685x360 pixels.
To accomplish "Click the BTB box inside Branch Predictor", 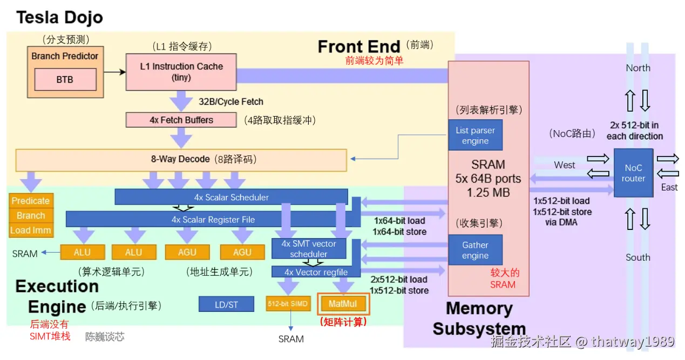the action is click(x=65, y=79).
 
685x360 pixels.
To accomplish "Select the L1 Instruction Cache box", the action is click(x=181, y=72).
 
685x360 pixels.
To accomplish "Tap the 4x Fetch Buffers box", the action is click(x=181, y=120).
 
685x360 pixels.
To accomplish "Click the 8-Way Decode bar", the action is click(x=181, y=160).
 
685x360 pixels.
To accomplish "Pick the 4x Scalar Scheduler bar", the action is click(x=231, y=197).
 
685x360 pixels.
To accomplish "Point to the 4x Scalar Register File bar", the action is click(x=213, y=219).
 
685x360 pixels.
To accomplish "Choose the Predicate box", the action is click(x=31, y=201).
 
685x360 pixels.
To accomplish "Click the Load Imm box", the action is click(x=31, y=230).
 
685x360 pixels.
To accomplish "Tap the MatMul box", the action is click(x=343, y=304).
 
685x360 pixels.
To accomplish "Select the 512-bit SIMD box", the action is click(x=288, y=304).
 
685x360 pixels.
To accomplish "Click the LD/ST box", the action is click(x=226, y=304).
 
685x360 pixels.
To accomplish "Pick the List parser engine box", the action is click(x=475, y=135).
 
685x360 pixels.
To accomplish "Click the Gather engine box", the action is click(x=475, y=250).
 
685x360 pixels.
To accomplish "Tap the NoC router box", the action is click(x=633, y=173).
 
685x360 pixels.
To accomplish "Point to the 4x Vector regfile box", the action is click(x=316, y=272).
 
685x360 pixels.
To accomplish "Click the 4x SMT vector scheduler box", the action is click(x=309, y=249).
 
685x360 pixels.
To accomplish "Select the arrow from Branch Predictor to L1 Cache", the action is click(x=114, y=72).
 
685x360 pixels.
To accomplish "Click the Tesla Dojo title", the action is click(x=59, y=17).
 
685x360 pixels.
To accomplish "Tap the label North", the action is click(x=638, y=68).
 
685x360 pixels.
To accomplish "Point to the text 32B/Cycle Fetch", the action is click(x=231, y=101).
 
